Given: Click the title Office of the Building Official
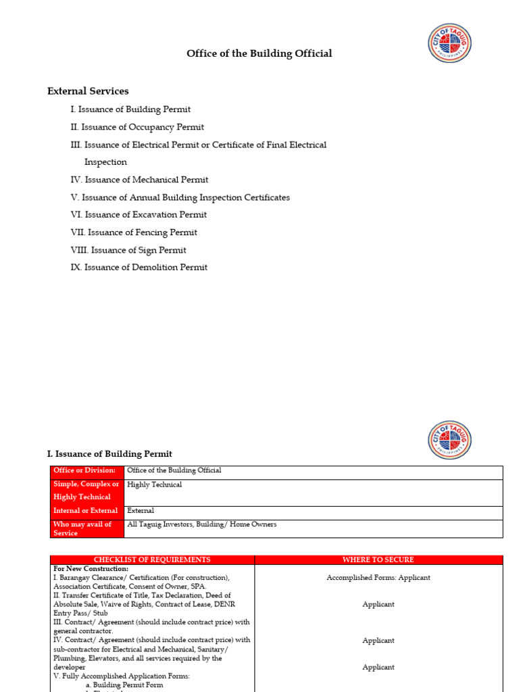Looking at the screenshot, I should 259,53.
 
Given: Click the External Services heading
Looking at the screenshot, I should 88,91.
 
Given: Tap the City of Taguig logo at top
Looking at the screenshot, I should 450,43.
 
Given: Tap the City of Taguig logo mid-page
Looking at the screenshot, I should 450,440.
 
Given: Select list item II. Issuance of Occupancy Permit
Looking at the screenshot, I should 137,127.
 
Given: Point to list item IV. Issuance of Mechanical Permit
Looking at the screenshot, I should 139,180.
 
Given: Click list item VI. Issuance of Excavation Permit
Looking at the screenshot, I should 139,215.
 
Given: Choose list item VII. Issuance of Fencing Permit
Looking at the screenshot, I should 134,232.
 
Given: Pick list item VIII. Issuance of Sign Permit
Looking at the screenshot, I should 128,250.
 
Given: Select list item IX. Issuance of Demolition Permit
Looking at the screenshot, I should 139,268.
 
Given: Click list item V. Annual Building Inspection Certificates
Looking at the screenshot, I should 180,197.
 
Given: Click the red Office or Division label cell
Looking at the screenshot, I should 87,471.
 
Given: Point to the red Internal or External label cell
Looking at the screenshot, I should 87,512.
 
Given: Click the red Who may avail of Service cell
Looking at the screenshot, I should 87,528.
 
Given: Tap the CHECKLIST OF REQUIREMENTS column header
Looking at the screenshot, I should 152,560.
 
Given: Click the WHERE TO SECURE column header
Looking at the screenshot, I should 378,560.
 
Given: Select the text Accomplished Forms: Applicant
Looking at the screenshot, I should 378,578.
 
